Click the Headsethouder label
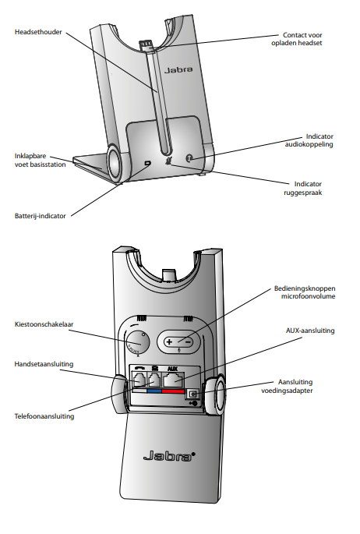tap(38, 32)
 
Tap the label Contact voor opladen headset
tap(297, 39)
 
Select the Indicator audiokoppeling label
tap(309, 140)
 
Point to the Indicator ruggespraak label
tap(303, 188)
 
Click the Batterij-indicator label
tap(41, 216)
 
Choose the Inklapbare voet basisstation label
tap(41, 160)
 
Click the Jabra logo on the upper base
tap(178, 70)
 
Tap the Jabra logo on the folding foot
tap(169, 456)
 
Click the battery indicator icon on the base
tap(147, 164)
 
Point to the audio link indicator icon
tap(189, 158)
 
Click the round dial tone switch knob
tap(137, 342)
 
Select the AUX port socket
tap(174, 380)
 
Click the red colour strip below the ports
tap(173, 391)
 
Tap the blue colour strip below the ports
tap(154, 391)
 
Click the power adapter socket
tap(193, 394)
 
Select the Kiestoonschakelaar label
tap(44, 324)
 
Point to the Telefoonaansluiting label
tap(44, 416)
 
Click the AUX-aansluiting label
tap(310, 331)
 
